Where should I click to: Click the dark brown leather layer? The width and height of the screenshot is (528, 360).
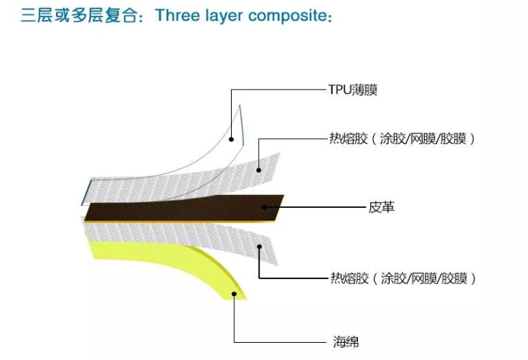[x=179, y=209]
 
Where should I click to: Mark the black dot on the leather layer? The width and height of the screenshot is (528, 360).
[x=265, y=208]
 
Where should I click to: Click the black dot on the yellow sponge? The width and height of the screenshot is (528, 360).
[x=235, y=293]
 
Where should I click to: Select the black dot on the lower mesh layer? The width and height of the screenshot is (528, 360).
[x=259, y=246]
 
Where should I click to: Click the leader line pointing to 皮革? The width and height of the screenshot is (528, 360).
[x=316, y=208]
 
